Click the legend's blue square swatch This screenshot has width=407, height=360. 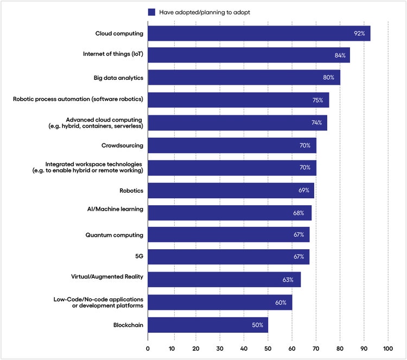(x=151, y=12)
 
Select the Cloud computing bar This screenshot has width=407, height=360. (x=259, y=33)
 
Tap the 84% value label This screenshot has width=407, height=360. (x=339, y=55)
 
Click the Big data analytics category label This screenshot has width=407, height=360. (x=111, y=78)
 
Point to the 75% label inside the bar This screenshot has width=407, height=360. (x=317, y=100)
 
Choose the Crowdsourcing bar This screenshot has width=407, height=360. (x=232, y=146)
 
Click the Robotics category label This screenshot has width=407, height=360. (x=131, y=191)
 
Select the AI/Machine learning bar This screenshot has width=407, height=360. (x=230, y=213)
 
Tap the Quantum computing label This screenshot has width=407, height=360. (x=115, y=235)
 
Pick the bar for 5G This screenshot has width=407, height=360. (x=228, y=257)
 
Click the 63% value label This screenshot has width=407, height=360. (x=288, y=280)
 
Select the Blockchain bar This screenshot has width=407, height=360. (x=208, y=325)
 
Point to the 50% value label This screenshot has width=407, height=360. (x=257, y=325)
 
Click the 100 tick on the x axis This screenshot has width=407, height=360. (x=388, y=348)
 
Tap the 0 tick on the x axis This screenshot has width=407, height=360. (x=148, y=348)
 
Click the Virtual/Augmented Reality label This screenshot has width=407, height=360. (x=107, y=277)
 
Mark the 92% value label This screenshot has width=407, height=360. (x=359, y=33)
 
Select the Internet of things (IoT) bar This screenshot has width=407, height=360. (x=249, y=55)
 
